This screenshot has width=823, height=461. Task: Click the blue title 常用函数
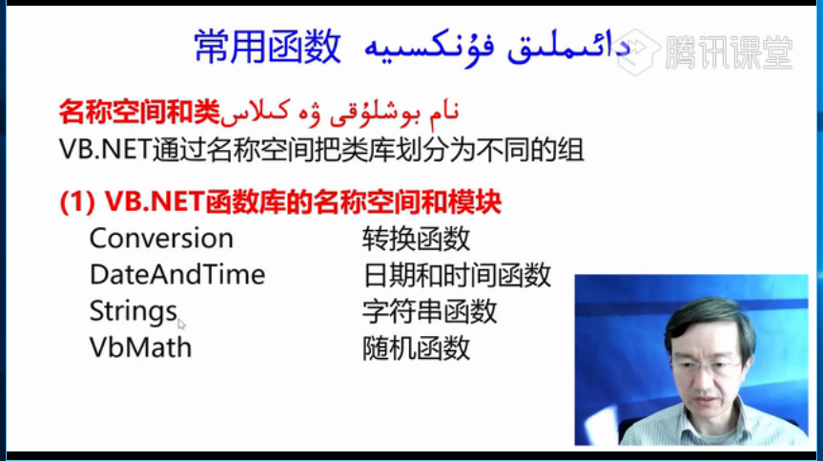pyautogui.click(x=268, y=48)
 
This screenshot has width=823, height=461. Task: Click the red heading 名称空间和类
pyautogui.click(x=139, y=112)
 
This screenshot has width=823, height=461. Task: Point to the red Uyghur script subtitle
pyautogui.click(x=339, y=113)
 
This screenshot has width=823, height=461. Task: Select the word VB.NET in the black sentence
pyautogui.click(x=106, y=150)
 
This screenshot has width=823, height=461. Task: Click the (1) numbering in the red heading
pyautogui.click(x=77, y=202)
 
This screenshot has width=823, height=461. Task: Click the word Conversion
pyautogui.click(x=161, y=239)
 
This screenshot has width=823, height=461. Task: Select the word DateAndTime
pyautogui.click(x=177, y=275)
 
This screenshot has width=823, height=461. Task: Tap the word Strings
pyautogui.click(x=134, y=311)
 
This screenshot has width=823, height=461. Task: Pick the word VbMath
pyautogui.click(x=141, y=347)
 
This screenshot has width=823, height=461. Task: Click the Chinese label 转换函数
pyautogui.click(x=416, y=239)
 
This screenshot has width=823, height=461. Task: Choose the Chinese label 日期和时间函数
pyautogui.click(x=457, y=275)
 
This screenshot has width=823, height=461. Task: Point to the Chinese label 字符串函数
pyautogui.click(x=430, y=311)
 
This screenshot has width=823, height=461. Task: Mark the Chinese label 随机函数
pyautogui.click(x=416, y=348)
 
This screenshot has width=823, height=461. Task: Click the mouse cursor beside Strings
pyautogui.click(x=181, y=324)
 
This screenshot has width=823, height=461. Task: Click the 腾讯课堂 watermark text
pyautogui.click(x=729, y=52)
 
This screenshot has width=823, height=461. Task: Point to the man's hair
pyautogui.click(x=709, y=322)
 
